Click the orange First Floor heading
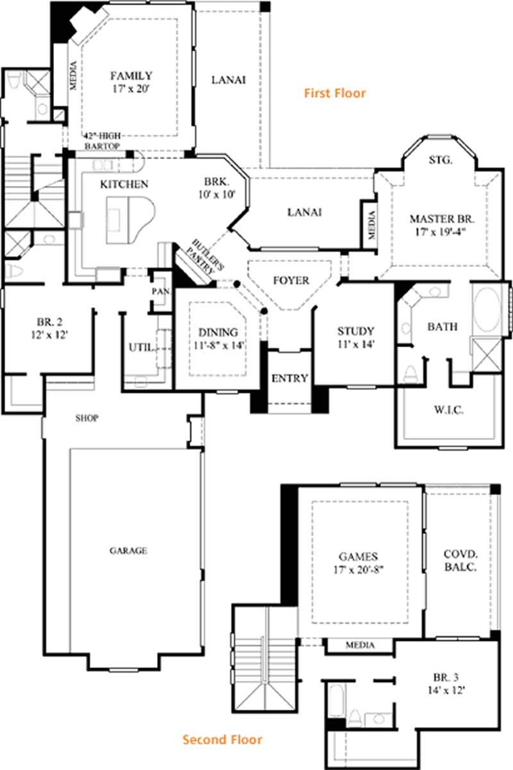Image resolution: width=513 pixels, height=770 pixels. (x=335, y=93)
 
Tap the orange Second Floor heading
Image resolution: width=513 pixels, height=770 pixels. (x=223, y=740)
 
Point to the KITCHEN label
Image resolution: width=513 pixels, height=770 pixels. (x=124, y=184)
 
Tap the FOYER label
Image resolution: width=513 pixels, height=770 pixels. (x=291, y=280)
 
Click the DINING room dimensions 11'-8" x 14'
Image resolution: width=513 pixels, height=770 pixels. (x=218, y=345)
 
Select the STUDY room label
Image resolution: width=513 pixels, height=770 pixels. (x=355, y=331)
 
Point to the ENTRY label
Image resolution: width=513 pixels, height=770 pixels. (x=290, y=378)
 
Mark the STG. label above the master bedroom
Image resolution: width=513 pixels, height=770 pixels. (x=441, y=160)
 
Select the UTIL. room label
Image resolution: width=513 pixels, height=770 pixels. (x=141, y=347)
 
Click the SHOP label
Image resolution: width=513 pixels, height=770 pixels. (x=87, y=418)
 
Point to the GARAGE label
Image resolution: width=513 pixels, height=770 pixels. (x=128, y=551)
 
